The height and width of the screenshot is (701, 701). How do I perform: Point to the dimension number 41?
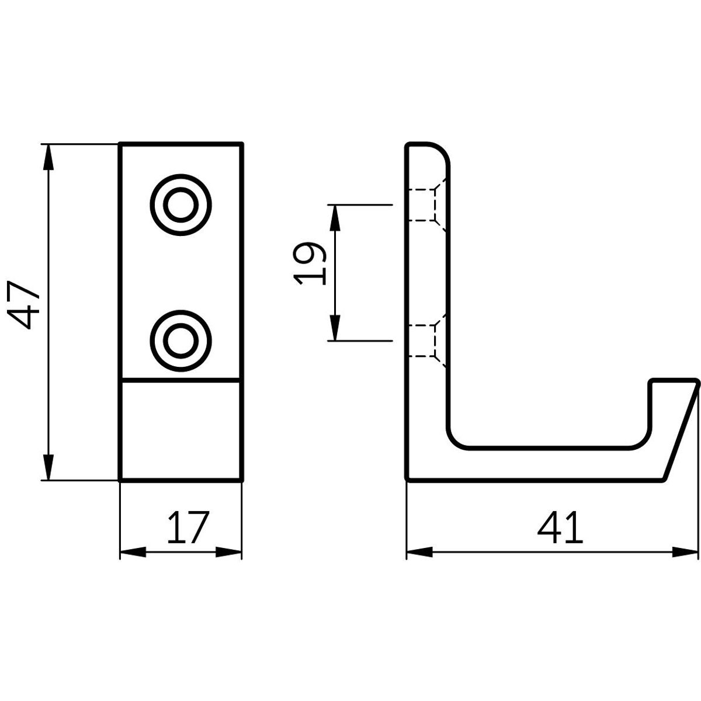[560, 528]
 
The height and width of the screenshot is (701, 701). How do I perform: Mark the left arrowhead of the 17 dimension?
[132, 551]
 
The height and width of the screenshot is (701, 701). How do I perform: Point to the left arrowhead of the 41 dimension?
[419, 551]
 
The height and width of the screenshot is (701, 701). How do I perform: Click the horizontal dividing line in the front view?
[180, 380]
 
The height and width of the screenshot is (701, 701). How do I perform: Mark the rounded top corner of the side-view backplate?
[441, 149]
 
